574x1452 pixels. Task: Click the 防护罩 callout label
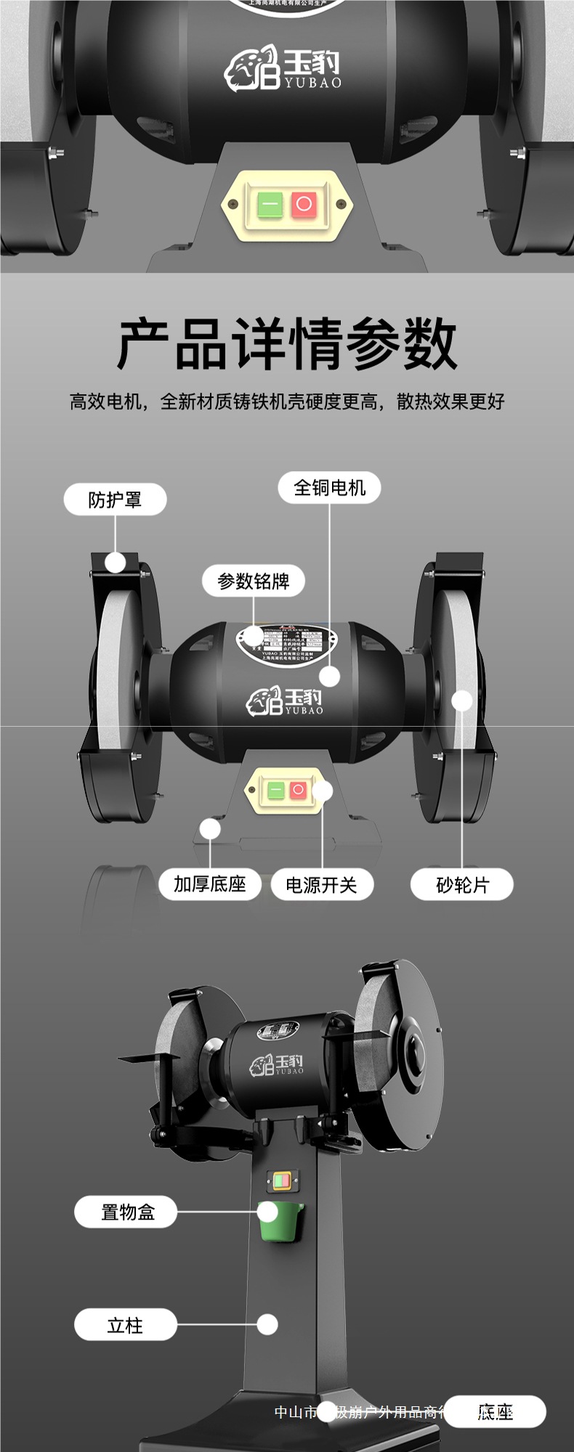point(115,499)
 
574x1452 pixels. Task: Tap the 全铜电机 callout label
point(329,488)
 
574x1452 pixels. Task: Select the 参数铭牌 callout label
point(253,581)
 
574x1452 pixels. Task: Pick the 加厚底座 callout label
point(209,884)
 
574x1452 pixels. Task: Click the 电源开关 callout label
point(321,885)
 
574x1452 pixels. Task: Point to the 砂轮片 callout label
point(462,885)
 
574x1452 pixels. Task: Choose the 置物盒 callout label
point(126,1212)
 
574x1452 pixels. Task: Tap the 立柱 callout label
point(125,1325)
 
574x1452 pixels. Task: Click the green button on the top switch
point(270,205)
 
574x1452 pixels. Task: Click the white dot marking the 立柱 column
point(267,1325)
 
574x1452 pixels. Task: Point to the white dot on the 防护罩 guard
point(115,562)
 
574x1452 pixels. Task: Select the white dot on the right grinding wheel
point(462,701)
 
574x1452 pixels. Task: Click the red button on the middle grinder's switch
point(298,790)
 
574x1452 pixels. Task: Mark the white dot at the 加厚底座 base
point(210,828)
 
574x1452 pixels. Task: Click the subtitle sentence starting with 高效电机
point(287,401)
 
